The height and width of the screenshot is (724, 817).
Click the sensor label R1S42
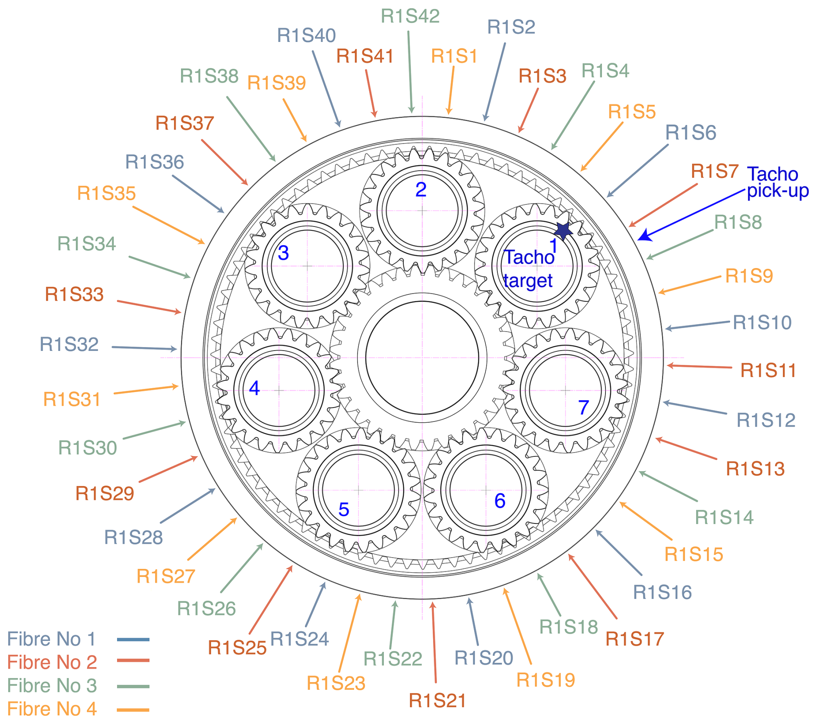[410, 16]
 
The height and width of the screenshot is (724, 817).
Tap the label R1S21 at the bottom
[437, 701]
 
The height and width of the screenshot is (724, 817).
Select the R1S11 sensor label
[768, 370]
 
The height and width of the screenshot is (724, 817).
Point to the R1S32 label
[69, 344]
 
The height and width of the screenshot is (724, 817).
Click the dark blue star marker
[563, 231]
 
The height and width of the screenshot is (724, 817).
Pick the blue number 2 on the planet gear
[421, 190]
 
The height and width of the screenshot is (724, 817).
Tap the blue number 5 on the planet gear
[344, 510]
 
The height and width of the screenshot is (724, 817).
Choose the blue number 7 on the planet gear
[583, 407]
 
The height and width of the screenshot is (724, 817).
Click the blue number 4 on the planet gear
[254, 388]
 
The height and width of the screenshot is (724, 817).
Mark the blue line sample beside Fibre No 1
[133, 639]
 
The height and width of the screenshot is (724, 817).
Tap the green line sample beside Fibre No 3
[133, 686]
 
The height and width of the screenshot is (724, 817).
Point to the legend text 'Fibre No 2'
[52, 662]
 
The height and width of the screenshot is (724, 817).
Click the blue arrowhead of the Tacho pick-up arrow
[644, 236]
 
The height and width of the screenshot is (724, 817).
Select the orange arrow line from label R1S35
[168, 225]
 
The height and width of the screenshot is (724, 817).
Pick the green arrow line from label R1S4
[573, 115]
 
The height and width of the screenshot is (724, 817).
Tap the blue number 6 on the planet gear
[500, 501]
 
